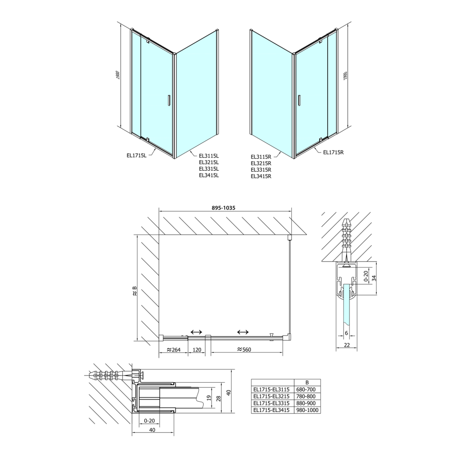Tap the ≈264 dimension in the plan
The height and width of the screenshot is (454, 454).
pos(173,350)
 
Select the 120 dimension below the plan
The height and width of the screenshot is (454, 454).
pos(197,350)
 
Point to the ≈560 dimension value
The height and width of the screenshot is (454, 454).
pos(244,350)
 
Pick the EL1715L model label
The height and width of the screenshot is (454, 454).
pos(137,155)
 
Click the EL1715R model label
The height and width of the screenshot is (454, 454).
pos(333,153)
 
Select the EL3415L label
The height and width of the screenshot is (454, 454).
pos(209,175)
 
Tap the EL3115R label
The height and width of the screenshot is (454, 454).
pos(261,157)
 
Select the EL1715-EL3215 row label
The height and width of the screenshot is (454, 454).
pos(271,397)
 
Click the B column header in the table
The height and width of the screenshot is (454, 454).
pos(307,383)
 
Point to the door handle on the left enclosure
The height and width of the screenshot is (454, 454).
pos(168,101)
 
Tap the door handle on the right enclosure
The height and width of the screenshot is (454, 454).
pos(300,101)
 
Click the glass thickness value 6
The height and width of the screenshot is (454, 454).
pos(346,334)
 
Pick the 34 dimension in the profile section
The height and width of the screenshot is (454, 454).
pos(374,278)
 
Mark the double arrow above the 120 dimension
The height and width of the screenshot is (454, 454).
pos(196,332)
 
